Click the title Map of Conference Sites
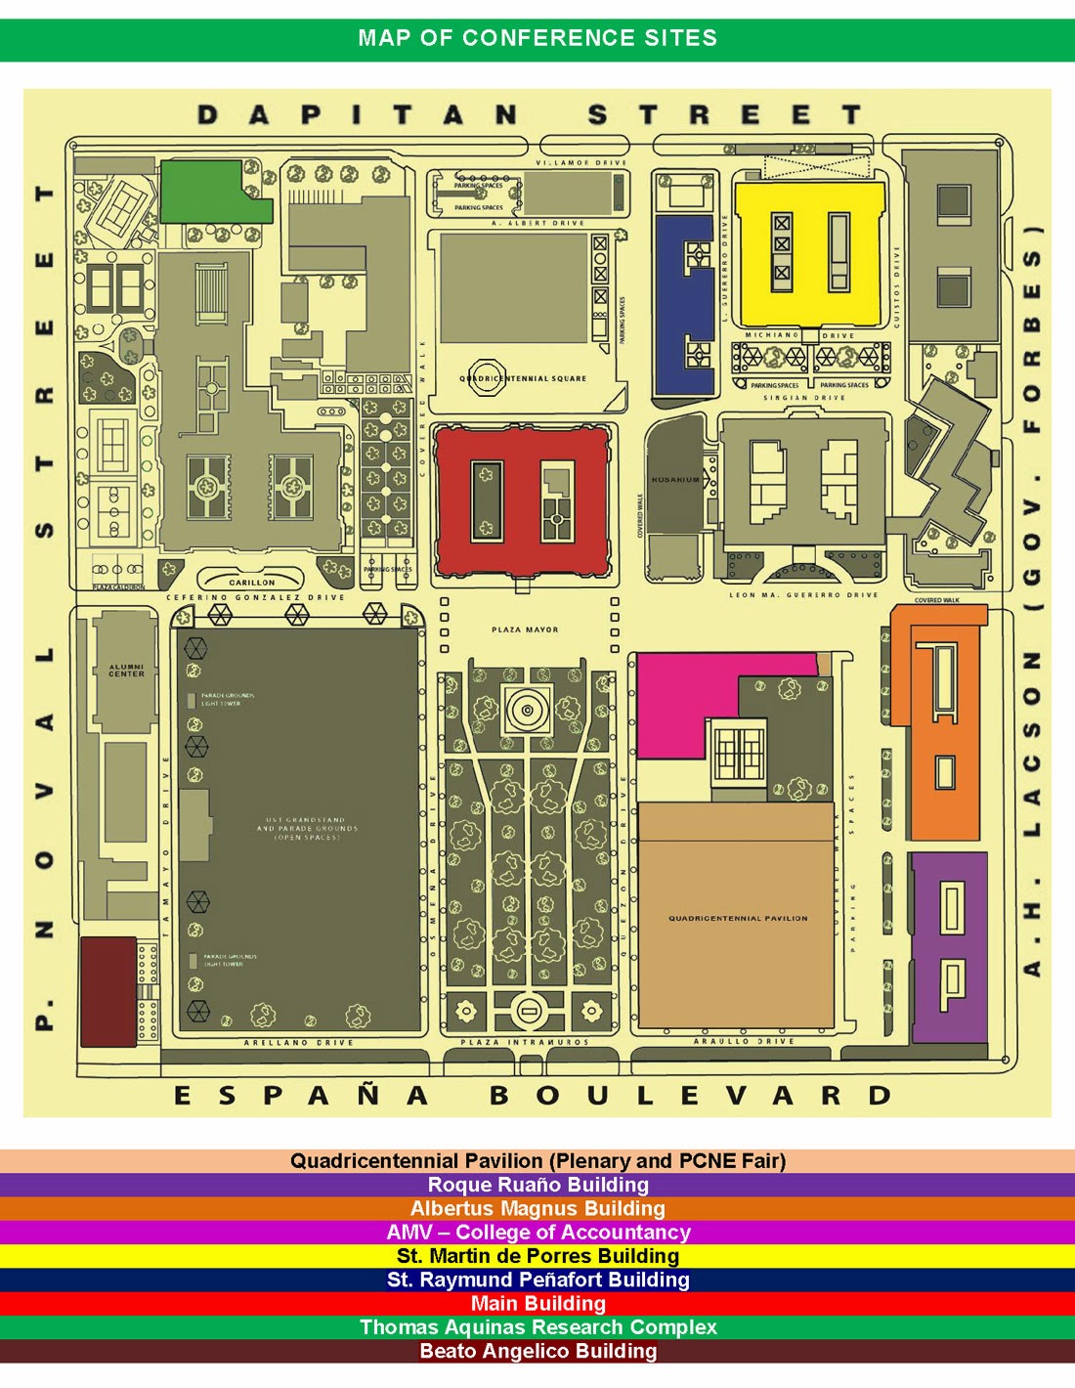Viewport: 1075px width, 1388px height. pyautogui.click(x=537, y=38)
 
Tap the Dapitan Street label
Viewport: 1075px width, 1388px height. pyautogui.click(x=531, y=115)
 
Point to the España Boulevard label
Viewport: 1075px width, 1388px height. pyautogui.click(x=533, y=1095)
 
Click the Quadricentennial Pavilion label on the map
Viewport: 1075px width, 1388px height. pyautogui.click(x=738, y=919)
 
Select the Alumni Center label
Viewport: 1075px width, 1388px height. pyautogui.click(x=126, y=671)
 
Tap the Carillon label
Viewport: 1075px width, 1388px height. pyautogui.click(x=252, y=583)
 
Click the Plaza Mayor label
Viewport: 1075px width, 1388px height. pyautogui.click(x=526, y=629)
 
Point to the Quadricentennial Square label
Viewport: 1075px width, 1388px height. pyautogui.click(x=524, y=378)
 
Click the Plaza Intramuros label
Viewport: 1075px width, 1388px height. pyautogui.click(x=526, y=1043)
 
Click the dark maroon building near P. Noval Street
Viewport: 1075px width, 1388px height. pyautogui.click(x=107, y=991)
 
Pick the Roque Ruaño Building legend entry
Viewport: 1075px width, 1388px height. pyautogui.click(x=537, y=1185)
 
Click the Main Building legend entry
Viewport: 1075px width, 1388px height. pyautogui.click(x=537, y=1304)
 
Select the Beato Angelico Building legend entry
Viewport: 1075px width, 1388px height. pyautogui.click(x=537, y=1351)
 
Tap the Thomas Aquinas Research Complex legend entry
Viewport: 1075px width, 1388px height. pyautogui.click(x=537, y=1327)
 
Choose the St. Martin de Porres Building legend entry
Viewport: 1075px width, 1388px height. pyautogui.click(x=537, y=1256)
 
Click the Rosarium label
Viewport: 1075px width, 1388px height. pyautogui.click(x=675, y=480)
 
